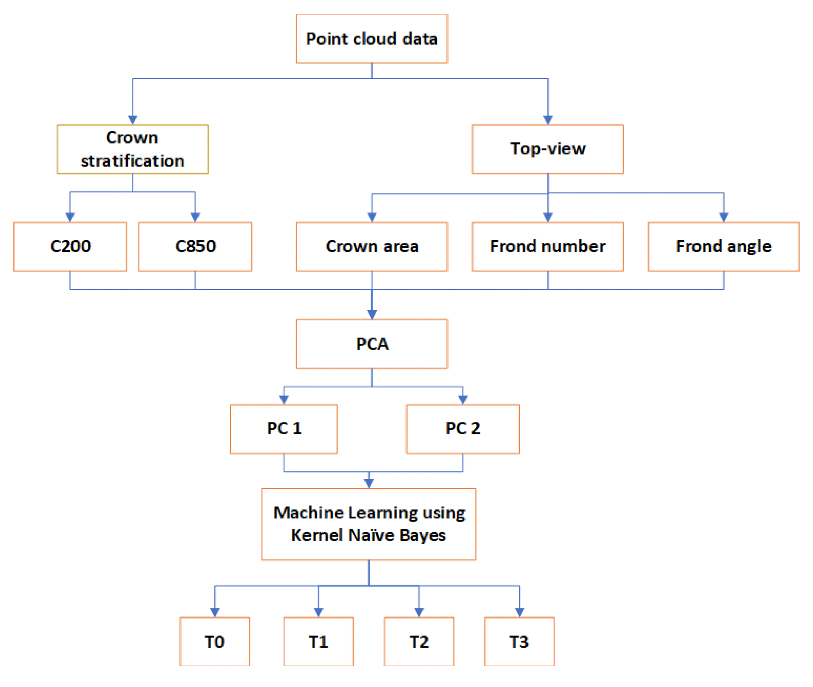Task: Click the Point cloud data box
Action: click(372, 39)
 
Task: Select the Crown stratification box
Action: click(132, 149)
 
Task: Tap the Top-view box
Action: click(548, 149)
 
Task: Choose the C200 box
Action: click(70, 246)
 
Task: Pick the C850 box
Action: click(195, 246)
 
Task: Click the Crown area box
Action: click(372, 246)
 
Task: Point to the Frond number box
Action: click(548, 246)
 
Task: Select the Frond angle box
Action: click(724, 246)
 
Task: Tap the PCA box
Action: click(372, 344)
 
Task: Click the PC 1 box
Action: click(284, 429)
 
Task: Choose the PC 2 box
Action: click(463, 429)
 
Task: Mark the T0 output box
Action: click(214, 641)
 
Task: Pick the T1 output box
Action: click(318, 641)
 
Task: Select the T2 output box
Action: click(419, 641)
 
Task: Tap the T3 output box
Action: click(519, 641)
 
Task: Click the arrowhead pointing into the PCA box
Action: click(372, 315)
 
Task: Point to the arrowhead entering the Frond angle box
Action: click(724, 217)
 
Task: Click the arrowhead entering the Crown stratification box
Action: click(132, 120)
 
